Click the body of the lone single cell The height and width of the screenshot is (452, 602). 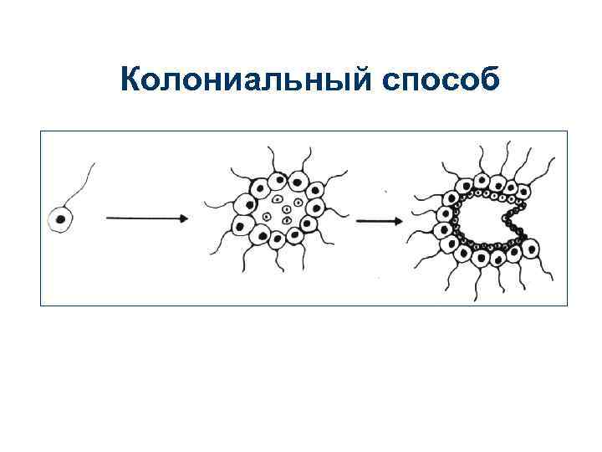[x=61, y=220]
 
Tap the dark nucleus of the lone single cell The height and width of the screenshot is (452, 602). [x=60, y=221]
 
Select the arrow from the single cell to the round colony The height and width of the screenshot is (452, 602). [x=146, y=218]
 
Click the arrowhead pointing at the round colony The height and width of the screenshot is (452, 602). [x=183, y=218]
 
